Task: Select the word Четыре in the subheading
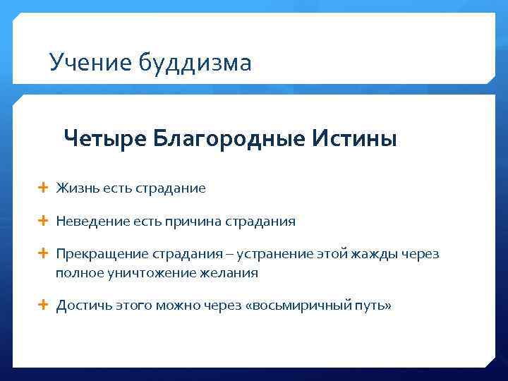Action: [104, 138]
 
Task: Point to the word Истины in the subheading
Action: [353, 138]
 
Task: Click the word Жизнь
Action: [78, 188]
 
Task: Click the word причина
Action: [193, 222]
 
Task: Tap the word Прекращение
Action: [98, 254]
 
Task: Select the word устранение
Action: [274, 254]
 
